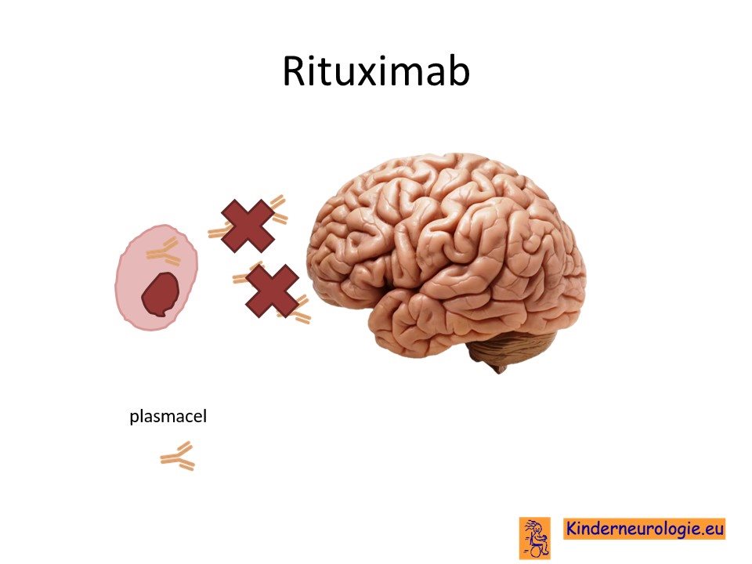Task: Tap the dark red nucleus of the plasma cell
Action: coord(160,295)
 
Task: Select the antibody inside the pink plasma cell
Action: coord(164,251)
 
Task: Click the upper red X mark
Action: coord(248,226)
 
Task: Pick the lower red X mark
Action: coord(272,291)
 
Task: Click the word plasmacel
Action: coord(168,416)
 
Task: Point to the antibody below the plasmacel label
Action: coord(178,456)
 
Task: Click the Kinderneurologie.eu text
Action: coord(644,529)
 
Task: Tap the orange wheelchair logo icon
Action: coord(535,537)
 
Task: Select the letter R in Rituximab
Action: coord(294,71)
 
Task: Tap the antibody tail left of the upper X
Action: coord(216,233)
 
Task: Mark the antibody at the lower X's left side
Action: coord(242,275)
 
